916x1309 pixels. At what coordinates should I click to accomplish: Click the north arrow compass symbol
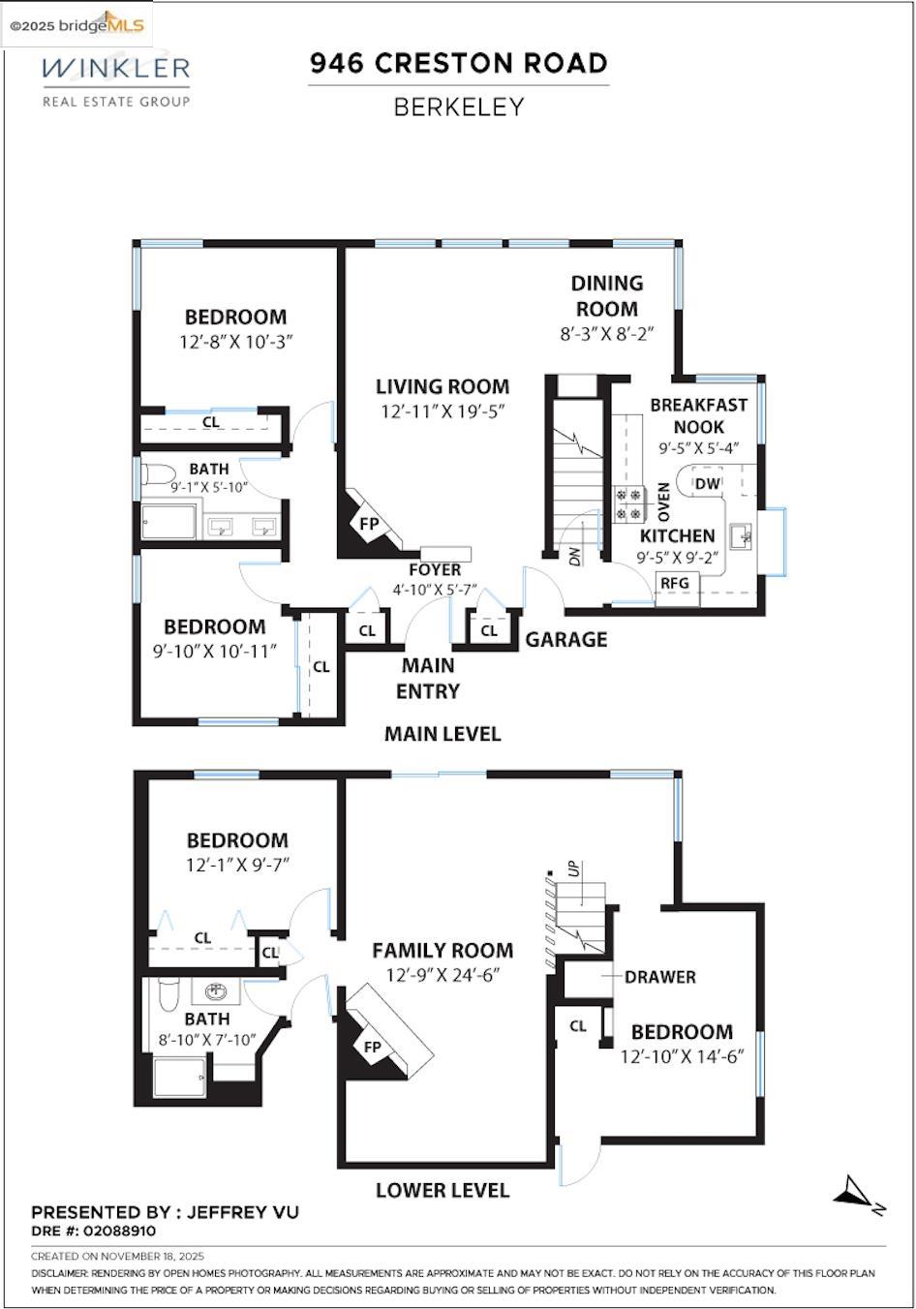tap(857, 1193)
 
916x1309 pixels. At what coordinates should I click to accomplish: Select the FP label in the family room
tap(373, 1047)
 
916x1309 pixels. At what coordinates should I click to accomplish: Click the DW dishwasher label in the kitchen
tap(708, 483)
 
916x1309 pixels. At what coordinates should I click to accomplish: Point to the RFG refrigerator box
tap(675, 583)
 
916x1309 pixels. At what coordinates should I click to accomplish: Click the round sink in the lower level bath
tap(215, 991)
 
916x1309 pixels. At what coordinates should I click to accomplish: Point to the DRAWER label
tap(659, 977)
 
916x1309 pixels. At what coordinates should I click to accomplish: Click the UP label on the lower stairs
tap(573, 868)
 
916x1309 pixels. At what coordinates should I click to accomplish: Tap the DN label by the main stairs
tap(574, 557)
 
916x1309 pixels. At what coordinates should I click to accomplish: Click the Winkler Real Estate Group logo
tap(115, 79)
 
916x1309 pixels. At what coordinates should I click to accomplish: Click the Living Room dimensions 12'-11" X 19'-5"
tap(443, 411)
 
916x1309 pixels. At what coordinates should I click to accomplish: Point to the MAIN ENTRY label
tap(428, 678)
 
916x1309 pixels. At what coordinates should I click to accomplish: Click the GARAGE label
tap(566, 639)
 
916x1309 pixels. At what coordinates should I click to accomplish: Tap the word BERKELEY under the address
tap(458, 107)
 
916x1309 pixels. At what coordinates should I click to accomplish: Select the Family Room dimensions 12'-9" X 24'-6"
tap(443, 976)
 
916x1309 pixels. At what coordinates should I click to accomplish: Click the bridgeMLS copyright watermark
tap(77, 24)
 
